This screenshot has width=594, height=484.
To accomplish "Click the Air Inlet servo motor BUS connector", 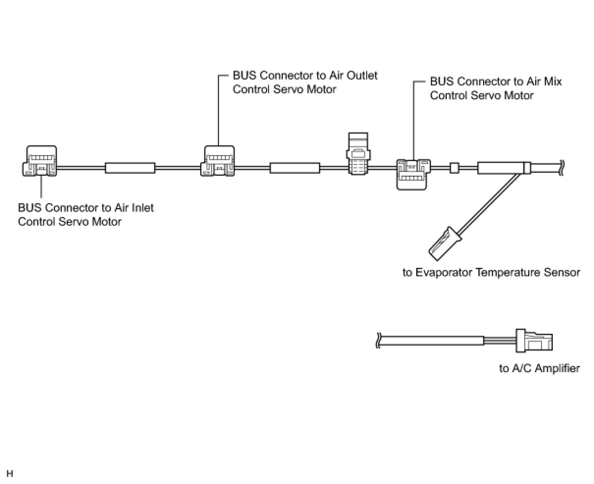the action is point(40,161).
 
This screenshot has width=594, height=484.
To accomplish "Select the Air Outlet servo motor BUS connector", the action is point(218,161).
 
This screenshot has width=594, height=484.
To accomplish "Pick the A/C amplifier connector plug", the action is point(534,340).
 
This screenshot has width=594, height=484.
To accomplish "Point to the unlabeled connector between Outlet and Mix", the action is point(358,154).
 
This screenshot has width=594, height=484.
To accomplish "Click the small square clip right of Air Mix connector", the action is point(454,168).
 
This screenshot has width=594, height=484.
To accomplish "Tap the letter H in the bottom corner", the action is point(10,474).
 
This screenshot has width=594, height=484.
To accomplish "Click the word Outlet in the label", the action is point(362,75).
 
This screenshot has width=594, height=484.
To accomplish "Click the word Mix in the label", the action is point(552,81).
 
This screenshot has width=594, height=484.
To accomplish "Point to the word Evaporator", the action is point(444,272).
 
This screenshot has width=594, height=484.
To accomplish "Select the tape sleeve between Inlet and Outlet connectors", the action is point(130,168).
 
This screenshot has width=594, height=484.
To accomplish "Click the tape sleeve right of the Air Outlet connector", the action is point(295,168).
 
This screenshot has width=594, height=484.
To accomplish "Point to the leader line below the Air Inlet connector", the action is point(41,187).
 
